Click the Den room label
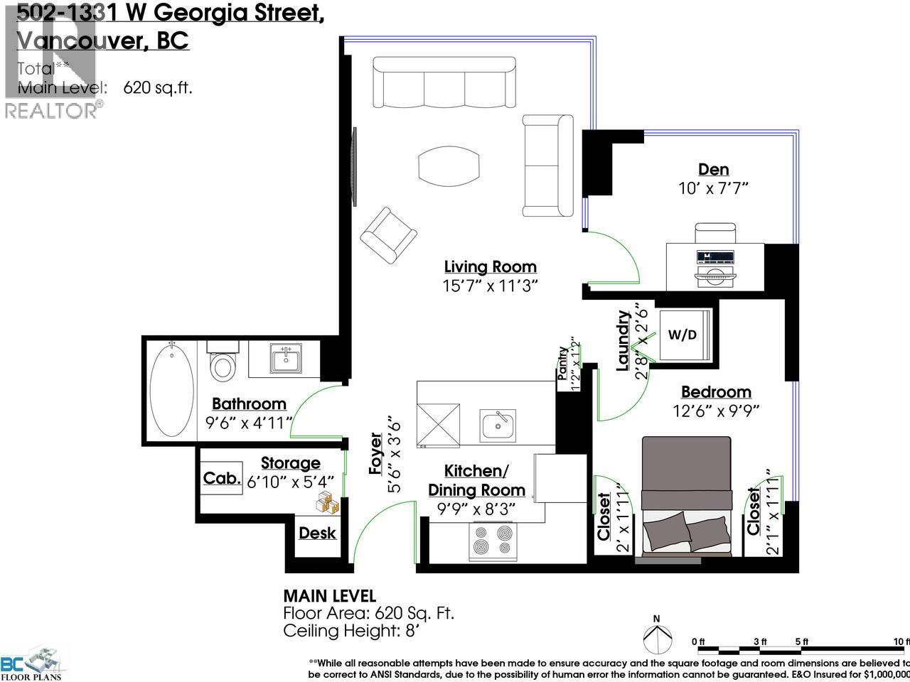pyautogui.click(x=713, y=169)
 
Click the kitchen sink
pyautogui.click(x=498, y=425)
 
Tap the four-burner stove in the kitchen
pyautogui.click(x=491, y=541)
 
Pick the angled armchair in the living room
pyautogui.click(x=388, y=235)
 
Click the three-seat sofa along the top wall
pyautogui.click(x=444, y=83)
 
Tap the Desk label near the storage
pyautogui.click(x=317, y=533)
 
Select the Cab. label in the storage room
pyautogui.click(x=222, y=478)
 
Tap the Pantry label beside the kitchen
pyautogui.click(x=563, y=359)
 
